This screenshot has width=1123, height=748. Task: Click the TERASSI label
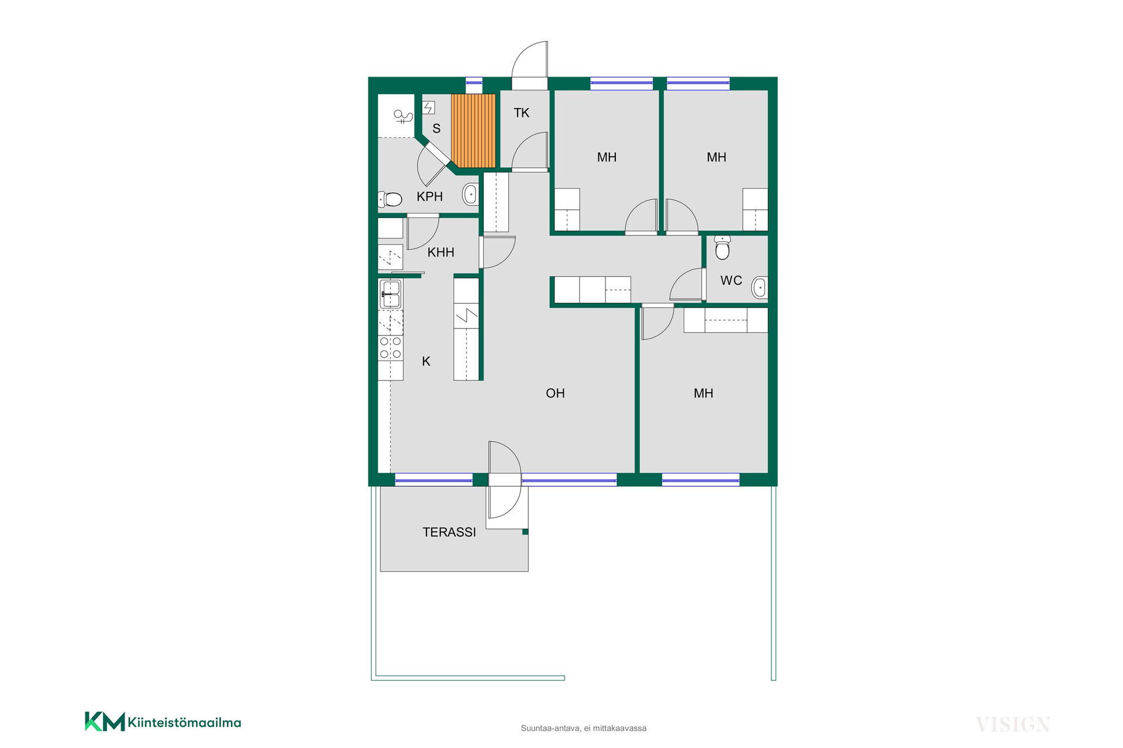449,532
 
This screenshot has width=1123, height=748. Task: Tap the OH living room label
555,393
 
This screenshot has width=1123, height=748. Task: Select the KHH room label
440,252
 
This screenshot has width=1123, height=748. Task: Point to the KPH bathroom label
429,197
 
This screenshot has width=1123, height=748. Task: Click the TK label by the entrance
521,113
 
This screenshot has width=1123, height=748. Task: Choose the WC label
731,280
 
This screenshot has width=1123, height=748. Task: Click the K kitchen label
426,362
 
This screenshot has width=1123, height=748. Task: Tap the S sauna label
436,129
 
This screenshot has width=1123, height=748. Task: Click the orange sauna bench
473,130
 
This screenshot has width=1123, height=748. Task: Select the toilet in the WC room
723,247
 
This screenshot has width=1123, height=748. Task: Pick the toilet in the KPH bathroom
390,199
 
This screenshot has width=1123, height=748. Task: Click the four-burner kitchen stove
391,347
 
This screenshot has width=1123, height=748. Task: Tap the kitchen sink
390,294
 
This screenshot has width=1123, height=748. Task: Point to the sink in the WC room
760,288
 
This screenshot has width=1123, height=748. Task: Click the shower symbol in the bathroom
402,117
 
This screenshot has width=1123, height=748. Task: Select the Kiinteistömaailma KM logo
163,722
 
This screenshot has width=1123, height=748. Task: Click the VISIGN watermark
1013,725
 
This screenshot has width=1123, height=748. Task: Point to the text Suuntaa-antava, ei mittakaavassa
584,728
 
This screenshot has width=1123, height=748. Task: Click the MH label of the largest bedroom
703,393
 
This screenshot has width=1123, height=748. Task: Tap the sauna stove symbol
429,108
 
